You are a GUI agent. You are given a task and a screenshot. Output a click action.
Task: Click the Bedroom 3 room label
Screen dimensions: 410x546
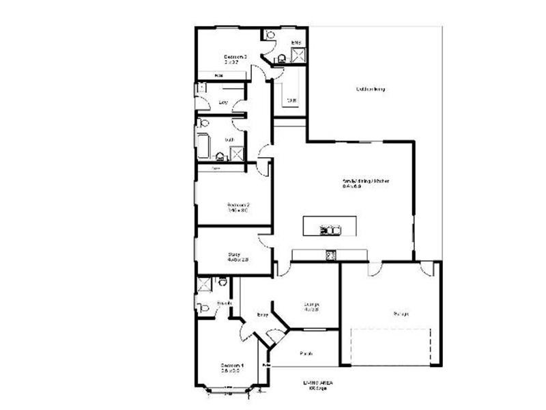tap(235, 57)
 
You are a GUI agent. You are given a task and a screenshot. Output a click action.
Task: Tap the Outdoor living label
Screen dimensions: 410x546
tap(371, 89)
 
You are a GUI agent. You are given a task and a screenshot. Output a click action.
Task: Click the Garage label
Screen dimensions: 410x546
tap(401, 314)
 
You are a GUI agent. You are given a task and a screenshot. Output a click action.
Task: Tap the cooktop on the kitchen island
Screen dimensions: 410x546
tap(330, 230)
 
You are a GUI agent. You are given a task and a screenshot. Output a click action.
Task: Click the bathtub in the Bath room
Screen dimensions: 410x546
tap(203, 146)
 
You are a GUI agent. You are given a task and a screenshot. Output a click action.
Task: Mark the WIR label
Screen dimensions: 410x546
tap(291, 100)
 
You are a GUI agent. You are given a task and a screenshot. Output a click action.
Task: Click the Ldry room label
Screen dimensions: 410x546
tap(222, 102)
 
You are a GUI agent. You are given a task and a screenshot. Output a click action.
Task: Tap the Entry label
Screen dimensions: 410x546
tap(261, 314)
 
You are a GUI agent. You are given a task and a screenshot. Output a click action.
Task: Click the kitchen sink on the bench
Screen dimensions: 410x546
tap(331, 256)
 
